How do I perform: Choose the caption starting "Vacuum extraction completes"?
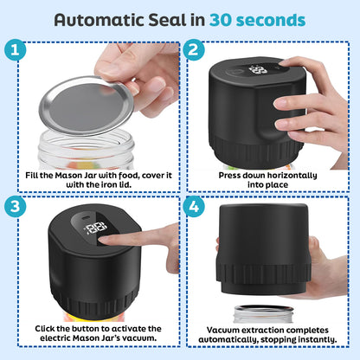pyautogui.click(x=268, y=334)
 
